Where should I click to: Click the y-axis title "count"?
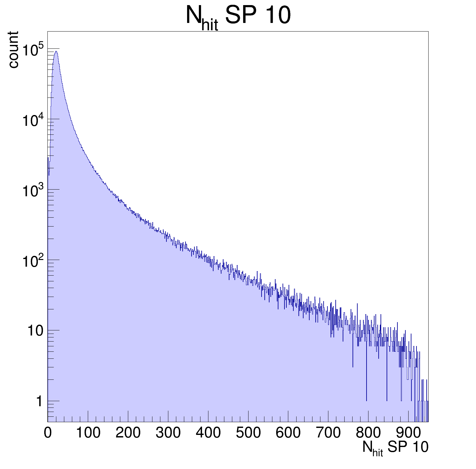(13, 49)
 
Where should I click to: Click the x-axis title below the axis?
(395, 448)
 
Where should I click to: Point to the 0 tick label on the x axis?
(48, 433)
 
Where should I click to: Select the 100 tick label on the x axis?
(88, 433)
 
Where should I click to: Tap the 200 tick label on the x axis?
(128, 433)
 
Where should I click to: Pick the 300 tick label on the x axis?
(168, 433)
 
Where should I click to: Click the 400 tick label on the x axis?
(208, 433)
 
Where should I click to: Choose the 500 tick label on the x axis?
(248, 433)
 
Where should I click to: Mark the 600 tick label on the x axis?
(288, 433)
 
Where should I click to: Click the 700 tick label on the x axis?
(328, 433)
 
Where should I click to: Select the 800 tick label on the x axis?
(368, 433)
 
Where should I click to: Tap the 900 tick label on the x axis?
(408, 433)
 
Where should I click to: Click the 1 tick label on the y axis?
(39, 401)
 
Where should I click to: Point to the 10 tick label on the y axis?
(35, 331)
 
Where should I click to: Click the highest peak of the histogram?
(56, 51)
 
